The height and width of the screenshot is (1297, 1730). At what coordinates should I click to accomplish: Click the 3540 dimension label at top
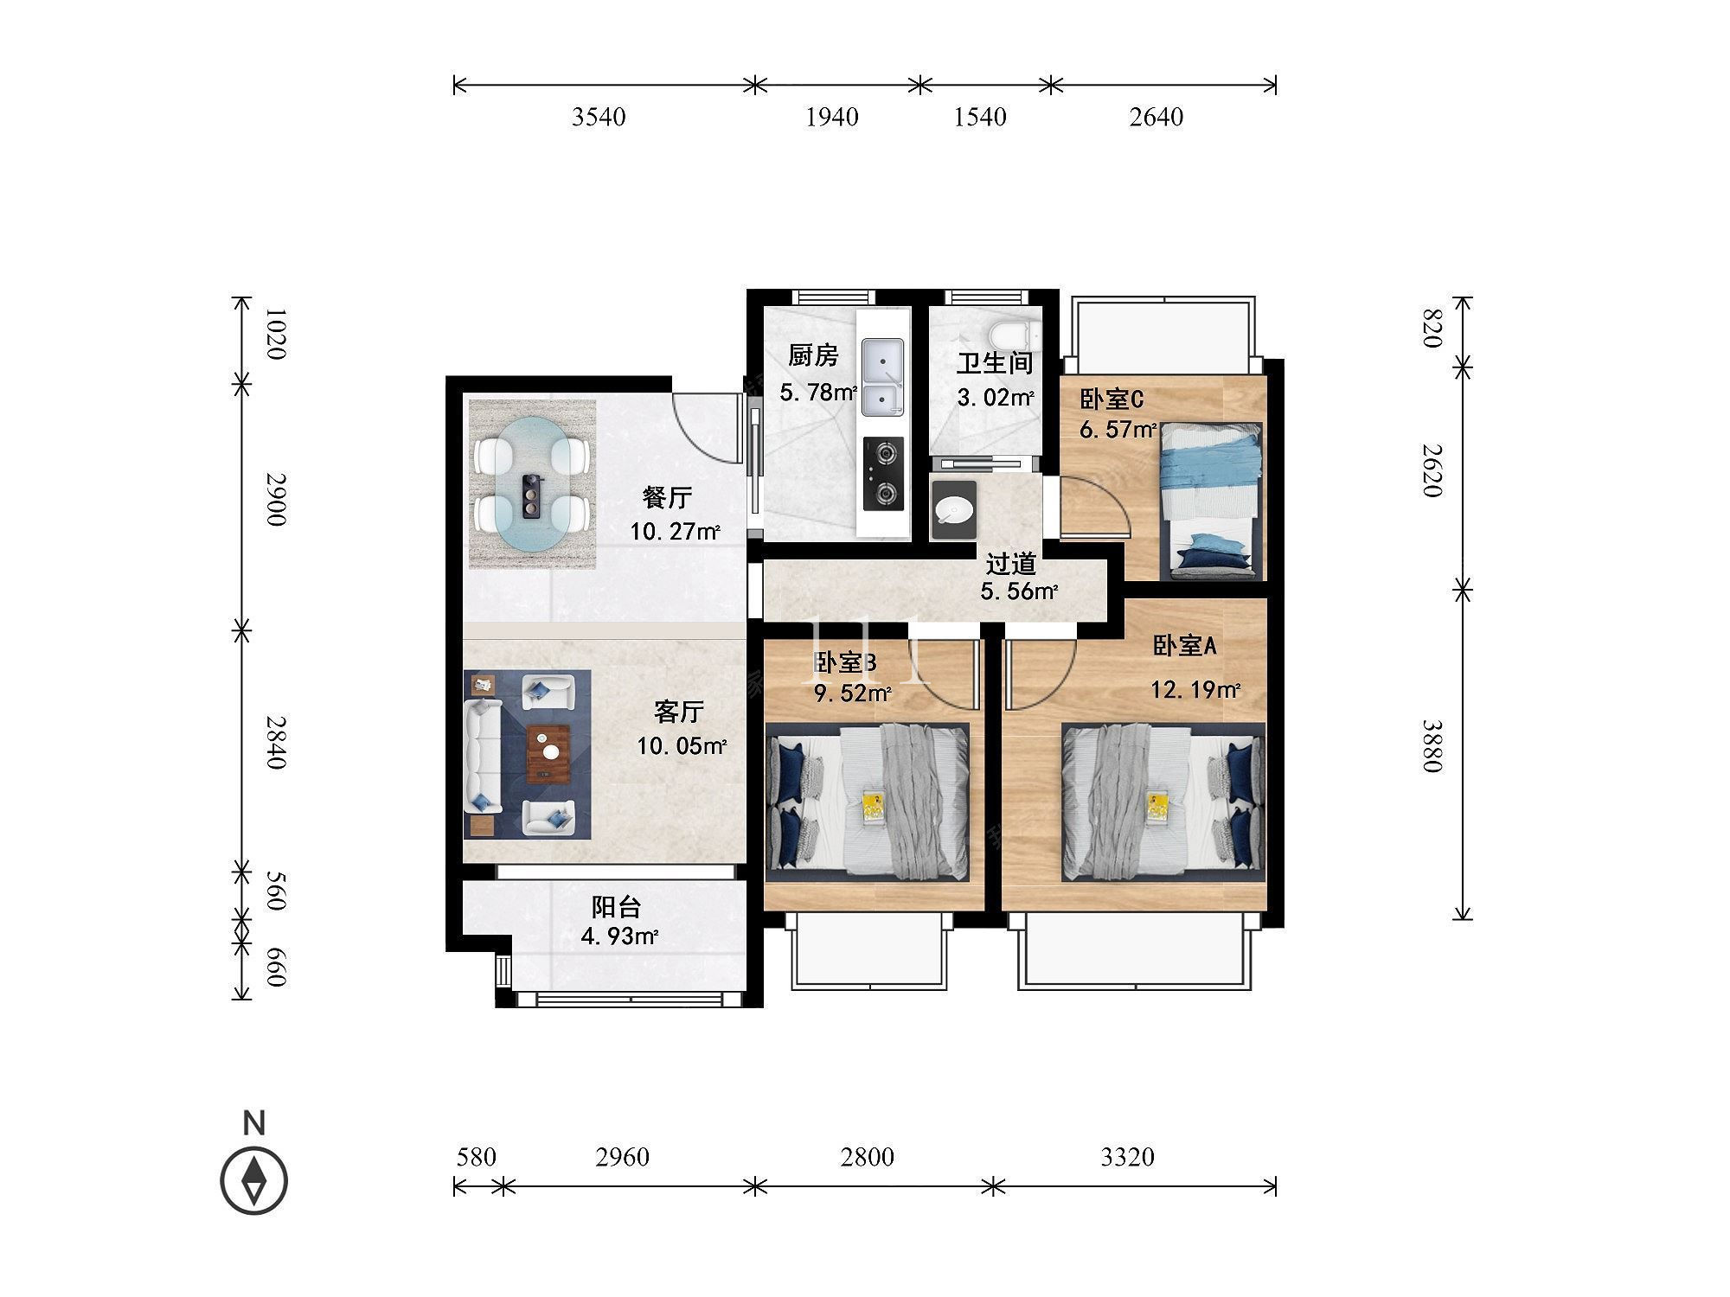pos(599,117)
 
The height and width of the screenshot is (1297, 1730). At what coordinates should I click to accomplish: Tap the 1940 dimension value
pos(832,117)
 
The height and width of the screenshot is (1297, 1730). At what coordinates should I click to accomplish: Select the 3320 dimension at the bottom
pos(1127,1157)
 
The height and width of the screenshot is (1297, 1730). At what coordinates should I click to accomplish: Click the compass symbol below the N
pos(254,1180)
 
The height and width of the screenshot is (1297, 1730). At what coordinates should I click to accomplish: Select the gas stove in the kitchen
pos(883,473)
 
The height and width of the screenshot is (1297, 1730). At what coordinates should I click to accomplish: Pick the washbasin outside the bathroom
pos(953,510)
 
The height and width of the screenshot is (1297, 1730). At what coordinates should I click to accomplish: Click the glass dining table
pos(533,483)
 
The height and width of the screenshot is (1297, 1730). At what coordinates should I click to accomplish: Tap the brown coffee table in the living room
pos(548,752)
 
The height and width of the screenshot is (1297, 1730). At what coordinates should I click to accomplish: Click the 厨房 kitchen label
pos(813,355)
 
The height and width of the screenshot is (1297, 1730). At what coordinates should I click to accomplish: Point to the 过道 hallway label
pos(1011,565)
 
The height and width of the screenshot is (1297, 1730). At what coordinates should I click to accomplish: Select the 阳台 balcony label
pos(616,907)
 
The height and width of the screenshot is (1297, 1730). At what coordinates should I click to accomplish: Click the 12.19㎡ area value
pos(1195,689)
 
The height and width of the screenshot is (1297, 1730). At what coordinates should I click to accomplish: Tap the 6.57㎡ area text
pos(1118,429)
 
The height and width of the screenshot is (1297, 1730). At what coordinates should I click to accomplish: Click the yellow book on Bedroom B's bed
pos(873,807)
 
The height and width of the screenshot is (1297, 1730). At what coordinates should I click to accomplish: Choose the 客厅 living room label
pos(679,712)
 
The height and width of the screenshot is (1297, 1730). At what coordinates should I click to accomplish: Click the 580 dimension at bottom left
pos(476,1157)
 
